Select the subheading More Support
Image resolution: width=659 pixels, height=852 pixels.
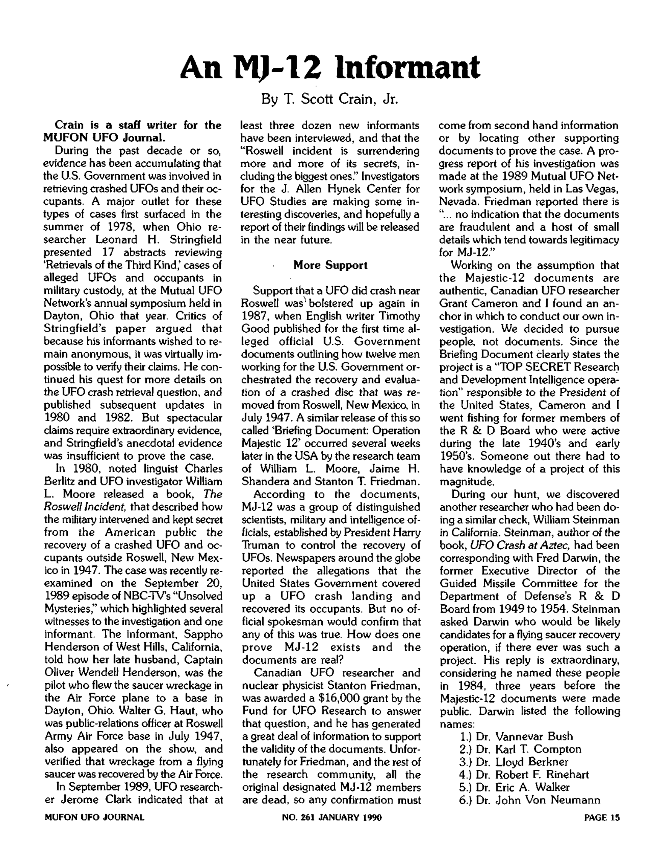click(x=330, y=265)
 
